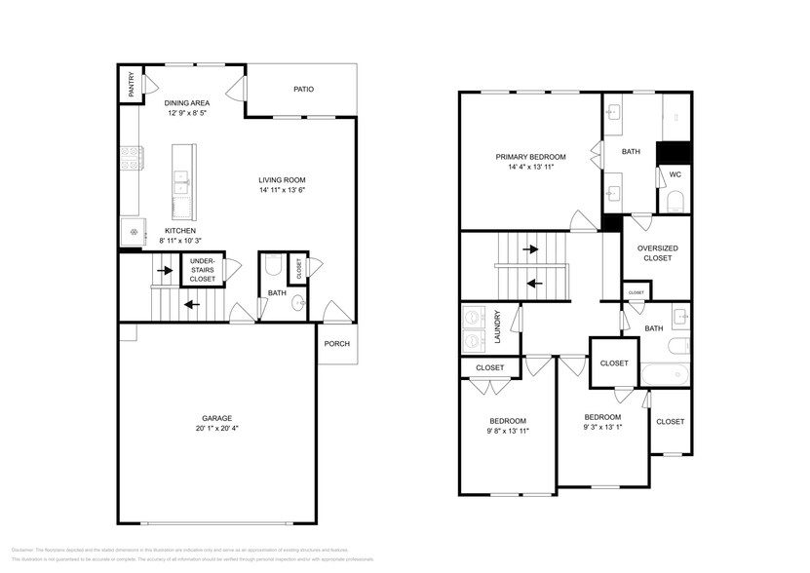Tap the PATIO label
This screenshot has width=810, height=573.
coord(303,90)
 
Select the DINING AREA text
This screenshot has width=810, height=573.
coord(185,102)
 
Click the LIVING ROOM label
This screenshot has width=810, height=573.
coord(282,179)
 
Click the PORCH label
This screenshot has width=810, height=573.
coord(337,342)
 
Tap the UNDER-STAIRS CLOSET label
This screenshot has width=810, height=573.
coord(202,269)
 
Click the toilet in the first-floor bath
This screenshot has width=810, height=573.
coord(273,264)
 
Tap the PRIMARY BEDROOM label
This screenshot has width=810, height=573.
coord(530,156)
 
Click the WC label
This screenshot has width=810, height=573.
coord(675,175)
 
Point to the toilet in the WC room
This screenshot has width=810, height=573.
coord(675,203)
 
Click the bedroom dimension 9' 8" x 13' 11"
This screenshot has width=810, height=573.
coord(508,429)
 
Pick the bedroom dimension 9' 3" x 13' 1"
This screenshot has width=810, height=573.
coord(602,427)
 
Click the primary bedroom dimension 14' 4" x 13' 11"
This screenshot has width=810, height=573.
coord(530,167)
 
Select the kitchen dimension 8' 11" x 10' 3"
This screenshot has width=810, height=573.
coord(180,241)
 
